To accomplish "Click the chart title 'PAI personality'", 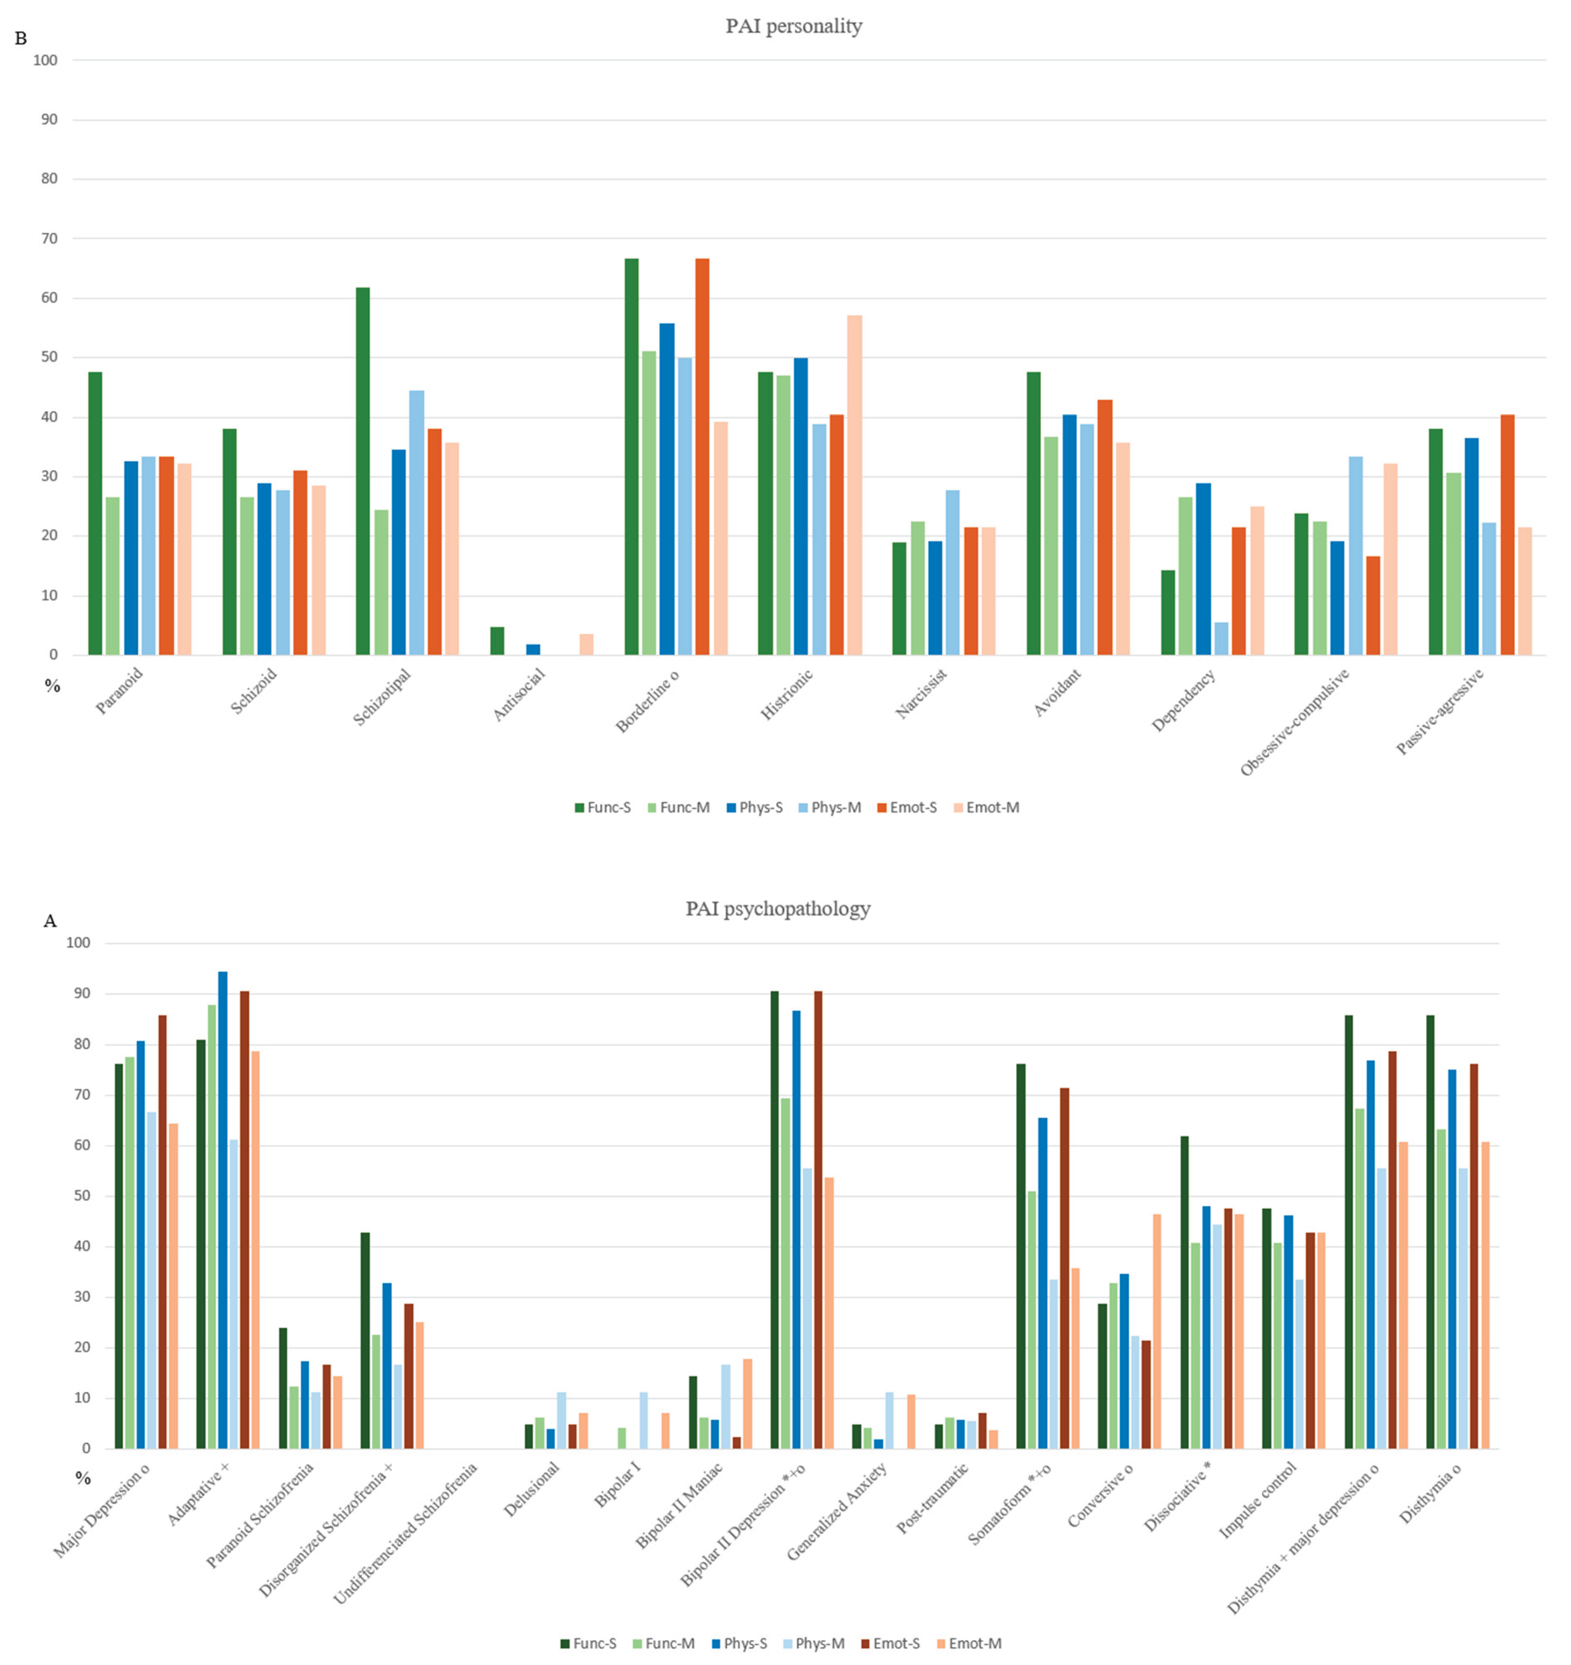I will coord(793,26).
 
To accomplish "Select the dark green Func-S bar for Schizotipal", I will coord(363,471).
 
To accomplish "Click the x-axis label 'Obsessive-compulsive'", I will coord(1294,722).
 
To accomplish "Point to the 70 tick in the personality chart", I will coord(49,239).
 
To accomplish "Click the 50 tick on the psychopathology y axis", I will coord(82,1196).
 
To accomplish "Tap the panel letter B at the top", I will coord(21,38).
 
